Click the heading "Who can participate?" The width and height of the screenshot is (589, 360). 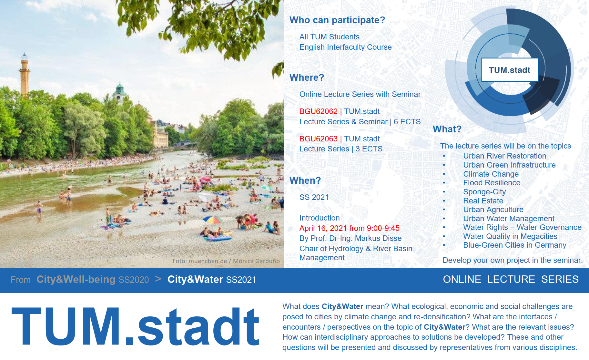[337, 20]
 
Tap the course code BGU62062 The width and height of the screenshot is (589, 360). [318, 111]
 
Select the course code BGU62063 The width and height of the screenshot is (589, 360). [318, 139]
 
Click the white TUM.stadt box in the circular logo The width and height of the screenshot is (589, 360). [510, 70]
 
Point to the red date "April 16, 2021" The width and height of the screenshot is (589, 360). [323, 228]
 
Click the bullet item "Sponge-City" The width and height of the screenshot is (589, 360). [484, 192]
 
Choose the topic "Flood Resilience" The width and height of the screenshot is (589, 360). [492, 183]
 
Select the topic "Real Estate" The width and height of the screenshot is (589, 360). [483, 201]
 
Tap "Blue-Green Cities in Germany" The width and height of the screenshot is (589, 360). [515, 245]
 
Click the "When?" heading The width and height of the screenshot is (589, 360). [305, 180]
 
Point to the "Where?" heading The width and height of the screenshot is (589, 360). [307, 77]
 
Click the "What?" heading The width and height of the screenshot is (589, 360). [447, 129]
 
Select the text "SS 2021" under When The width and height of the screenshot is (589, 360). [314, 197]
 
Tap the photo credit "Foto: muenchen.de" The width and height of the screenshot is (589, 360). [199, 261]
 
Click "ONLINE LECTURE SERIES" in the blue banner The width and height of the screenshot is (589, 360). [511, 279]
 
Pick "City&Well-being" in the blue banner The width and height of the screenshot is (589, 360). [76, 279]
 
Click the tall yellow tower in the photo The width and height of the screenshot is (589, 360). [24, 74]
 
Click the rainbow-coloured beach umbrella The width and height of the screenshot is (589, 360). [212, 220]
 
